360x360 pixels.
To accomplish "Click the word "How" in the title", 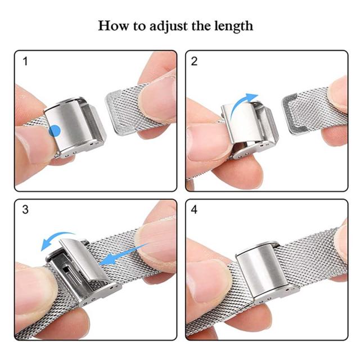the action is tap(113, 25).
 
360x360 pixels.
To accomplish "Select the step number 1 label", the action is tap(25, 61).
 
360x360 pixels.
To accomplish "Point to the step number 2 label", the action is tap(194, 61).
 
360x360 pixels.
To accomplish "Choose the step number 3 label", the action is tap(25, 209).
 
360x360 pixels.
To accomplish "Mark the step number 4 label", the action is tap(194, 209).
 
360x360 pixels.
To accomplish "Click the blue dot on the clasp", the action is tap(55, 131).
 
